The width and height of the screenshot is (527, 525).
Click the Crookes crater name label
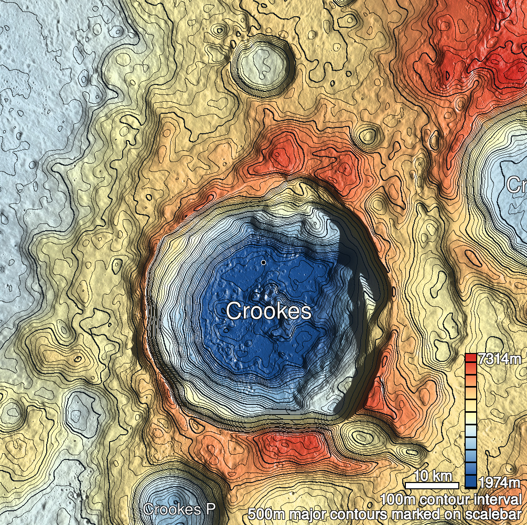268,311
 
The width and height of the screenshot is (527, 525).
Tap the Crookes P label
179,509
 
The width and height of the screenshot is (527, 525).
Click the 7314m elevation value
500,360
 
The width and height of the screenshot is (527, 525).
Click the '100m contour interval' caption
451,499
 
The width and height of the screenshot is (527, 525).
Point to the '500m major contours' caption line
385,513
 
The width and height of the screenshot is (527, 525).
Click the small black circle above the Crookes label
263,262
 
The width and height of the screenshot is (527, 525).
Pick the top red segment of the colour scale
471,358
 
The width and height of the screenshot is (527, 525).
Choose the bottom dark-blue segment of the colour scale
471,482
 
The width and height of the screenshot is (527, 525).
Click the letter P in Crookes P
211,509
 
